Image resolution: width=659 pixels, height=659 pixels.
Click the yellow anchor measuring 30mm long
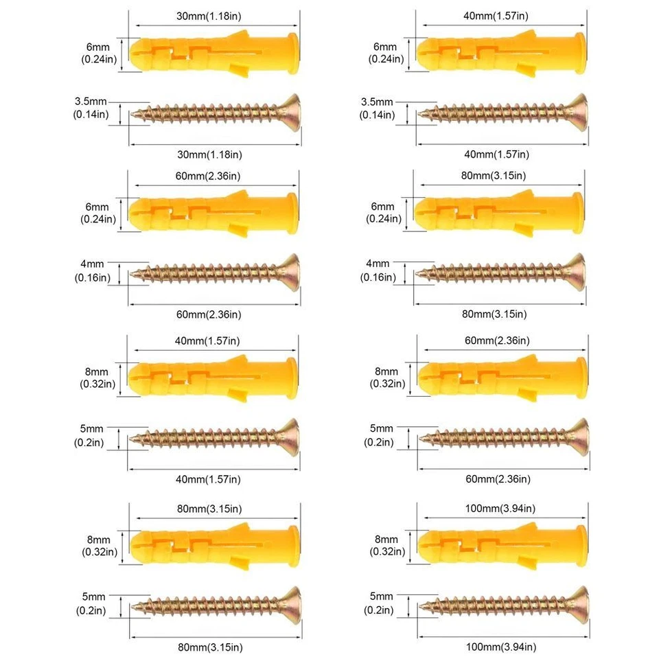click(215, 51)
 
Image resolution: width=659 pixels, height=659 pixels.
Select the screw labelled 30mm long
click(216, 112)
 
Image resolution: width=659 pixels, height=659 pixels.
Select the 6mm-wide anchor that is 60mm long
click(215, 211)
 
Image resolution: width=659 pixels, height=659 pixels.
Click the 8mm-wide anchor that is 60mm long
click(500, 374)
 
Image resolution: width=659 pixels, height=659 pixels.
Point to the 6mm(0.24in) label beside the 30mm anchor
click(97, 53)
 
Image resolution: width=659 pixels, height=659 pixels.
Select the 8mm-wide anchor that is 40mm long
click(215, 374)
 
